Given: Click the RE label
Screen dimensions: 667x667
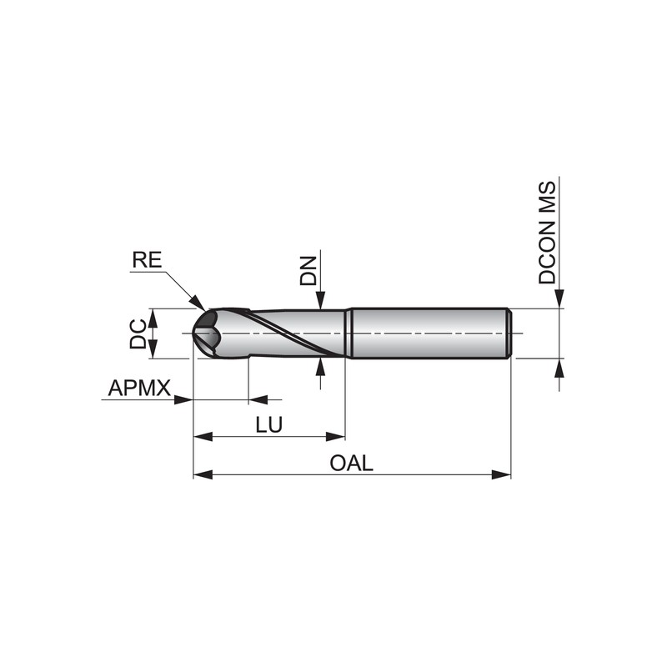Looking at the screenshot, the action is (148, 260).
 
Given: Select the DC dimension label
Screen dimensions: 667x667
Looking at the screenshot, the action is (138, 334).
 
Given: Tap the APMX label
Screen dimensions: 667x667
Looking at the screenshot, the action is (139, 388).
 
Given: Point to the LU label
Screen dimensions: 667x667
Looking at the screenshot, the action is (269, 424).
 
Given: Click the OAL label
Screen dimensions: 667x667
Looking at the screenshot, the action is (351, 463).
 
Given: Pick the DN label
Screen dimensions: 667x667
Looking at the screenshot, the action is (308, 270).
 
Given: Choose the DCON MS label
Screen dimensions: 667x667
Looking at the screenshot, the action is (547, 233).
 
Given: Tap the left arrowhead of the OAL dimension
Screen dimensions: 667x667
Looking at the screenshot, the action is (203, 474).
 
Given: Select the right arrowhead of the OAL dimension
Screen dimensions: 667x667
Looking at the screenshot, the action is (501, 474).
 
